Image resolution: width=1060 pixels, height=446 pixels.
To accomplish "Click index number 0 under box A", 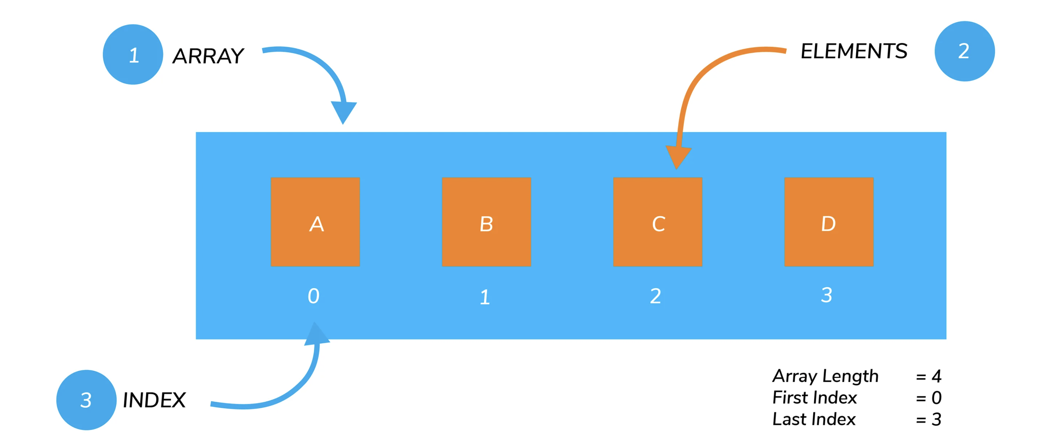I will tap(314, 296).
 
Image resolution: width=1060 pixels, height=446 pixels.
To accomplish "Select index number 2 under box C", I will tap(656, 296).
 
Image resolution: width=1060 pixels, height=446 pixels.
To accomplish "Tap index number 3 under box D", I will tap(827, 295).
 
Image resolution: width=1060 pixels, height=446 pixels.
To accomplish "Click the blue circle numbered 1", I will tap(133, 54).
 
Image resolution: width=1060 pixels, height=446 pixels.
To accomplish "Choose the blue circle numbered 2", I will tap(965, 51).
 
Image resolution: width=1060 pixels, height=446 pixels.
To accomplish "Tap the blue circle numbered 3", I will tap(86, 399).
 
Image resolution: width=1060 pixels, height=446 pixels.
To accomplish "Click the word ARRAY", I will tap(208, 56).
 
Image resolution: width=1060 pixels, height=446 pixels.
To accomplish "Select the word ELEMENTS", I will tap(854, 51).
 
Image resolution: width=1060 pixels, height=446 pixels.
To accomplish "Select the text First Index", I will tap(814, 397).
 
